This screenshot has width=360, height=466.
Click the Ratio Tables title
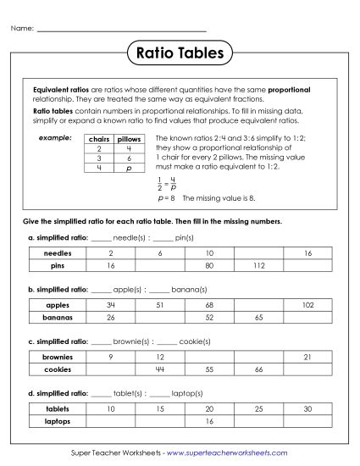coord(180,54)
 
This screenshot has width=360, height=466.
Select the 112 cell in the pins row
coord(258,265)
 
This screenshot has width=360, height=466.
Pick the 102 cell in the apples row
coord(307,305)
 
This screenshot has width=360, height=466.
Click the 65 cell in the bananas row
coord(258,317)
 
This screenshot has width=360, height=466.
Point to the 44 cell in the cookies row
coord(160,369)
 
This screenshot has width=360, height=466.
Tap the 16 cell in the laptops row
coord(209,421)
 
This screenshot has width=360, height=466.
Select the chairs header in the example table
coord(99,138)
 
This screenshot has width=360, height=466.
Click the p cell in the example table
coord(129,168)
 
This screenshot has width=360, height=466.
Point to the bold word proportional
coord(290,89)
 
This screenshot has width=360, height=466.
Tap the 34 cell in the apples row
coord(111,305)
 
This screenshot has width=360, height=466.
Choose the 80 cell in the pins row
coord(209,265)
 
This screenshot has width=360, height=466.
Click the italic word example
coord(53,136)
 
